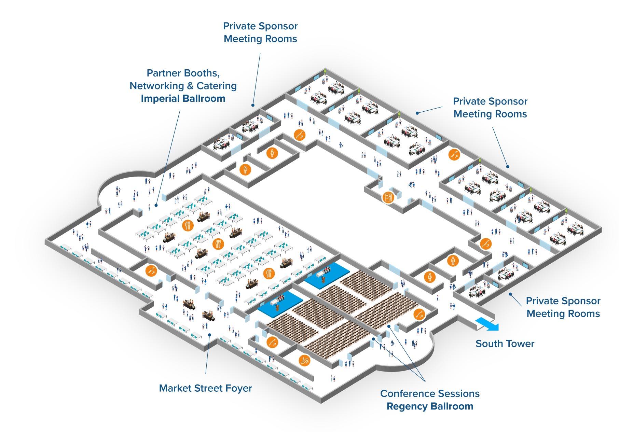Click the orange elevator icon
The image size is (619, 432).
(x=388, y=197)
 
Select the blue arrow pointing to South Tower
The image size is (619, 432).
(x=487, y=324)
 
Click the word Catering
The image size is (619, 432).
(x=217, y=86)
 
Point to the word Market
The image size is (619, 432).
(x=175, y=388)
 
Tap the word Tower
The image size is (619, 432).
(x=520, y=344)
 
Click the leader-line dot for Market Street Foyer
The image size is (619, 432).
(x=209, y=335)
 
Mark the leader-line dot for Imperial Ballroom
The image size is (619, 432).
(x=156, y=206)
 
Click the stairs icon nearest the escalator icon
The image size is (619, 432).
(x=272, y=342)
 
